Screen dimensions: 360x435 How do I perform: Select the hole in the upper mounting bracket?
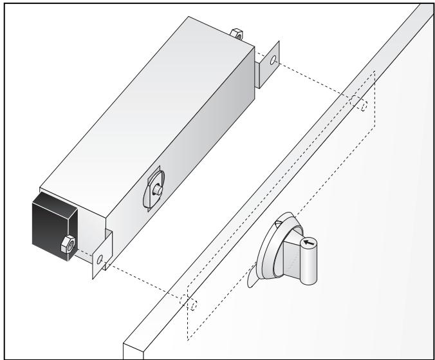coord(273,61)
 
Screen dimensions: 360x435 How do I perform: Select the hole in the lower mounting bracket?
coord(99,258)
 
